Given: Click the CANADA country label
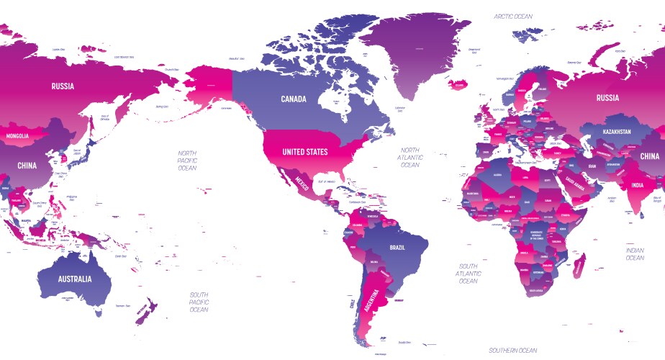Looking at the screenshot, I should pyautogui.click(x=294, y=98).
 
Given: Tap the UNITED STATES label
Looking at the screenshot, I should pyautogui.click(x=305, y=152).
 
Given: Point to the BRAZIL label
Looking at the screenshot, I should pyautogui.click(x=397, y=247).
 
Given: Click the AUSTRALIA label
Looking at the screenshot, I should pyautogui.click(x=74, y=279).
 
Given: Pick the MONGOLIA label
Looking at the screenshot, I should pyautogui.click(x=17, y=136).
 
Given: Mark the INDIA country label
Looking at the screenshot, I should pyautogui.click(x=638, y=185).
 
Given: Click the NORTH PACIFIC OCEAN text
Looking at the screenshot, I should pyautogui.click(x=188, y=160).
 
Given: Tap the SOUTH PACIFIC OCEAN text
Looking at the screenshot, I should pyautogui.click(x=199, y=302).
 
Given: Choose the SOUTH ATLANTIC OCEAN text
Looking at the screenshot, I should pyautogui.click(x=468, y=274).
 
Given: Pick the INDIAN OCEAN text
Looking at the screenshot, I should pyautogui.click(x=635, y=253).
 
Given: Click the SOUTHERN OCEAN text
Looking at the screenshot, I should pyautogui.click(x=514, y=350).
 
